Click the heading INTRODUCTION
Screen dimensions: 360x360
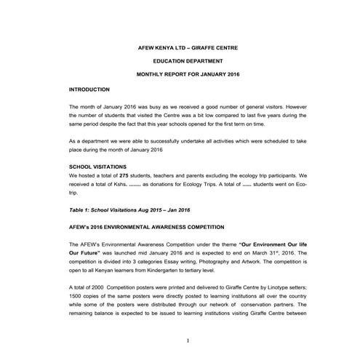pyautogui.click(x=91, y=89)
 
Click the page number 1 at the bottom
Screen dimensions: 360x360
pyautogui.click(x=188, y=340)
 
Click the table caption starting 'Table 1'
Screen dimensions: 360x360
pyautogui.click(x=119, y=209)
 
